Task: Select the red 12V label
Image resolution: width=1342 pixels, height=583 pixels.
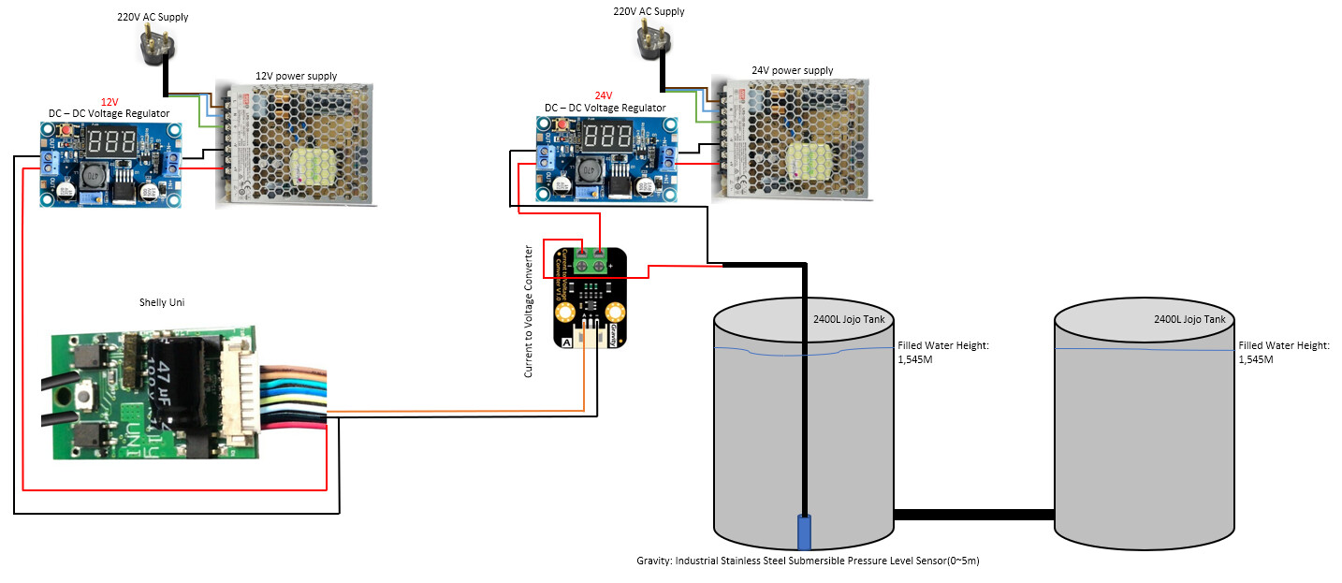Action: click(x=109, y=101)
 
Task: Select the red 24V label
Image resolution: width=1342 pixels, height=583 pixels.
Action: click(x=604, y=95)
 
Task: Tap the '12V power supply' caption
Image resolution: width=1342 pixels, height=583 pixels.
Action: click(x=296, y=76)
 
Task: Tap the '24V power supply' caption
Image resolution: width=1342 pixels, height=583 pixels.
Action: click(x=792, y=70)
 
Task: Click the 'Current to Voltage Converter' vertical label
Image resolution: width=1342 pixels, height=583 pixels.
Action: click(x=529, y=311)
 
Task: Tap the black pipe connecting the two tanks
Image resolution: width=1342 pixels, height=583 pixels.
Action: click(x=974, y=515)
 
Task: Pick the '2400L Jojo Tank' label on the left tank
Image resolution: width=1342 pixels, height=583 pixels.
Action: click(x=849, y=319)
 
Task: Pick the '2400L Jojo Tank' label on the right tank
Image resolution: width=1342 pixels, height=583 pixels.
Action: click(x=1189, y=319)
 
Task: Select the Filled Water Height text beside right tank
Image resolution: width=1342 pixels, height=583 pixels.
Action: click(x=1284, y=352)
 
